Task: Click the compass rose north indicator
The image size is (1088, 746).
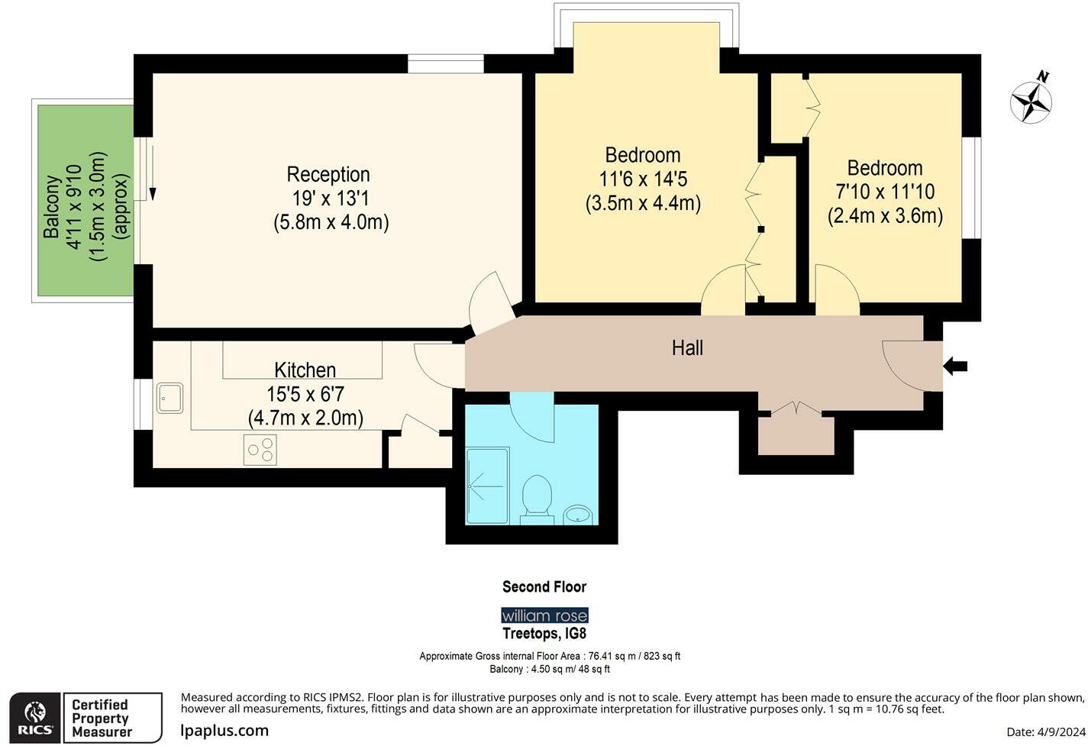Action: pos(1032,100)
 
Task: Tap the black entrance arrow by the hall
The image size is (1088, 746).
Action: pos(955,367)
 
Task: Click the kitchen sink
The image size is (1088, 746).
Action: pos(169,398)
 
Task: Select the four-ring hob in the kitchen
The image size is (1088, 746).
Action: pos(260,449)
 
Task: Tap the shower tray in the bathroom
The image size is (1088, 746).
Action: pos(487,486)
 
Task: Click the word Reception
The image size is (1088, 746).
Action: pos(328,174)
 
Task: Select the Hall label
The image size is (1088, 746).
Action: pos(687,348)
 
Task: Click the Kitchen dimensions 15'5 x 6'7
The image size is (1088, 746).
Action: pos(305,394)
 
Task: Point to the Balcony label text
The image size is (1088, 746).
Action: pos(52,207)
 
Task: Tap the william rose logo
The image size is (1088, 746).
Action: pos(544,615)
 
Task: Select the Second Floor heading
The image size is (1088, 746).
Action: pos(544,586)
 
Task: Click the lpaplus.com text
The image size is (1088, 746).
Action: pos(224,730)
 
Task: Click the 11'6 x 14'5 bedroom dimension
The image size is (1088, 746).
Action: pos(643,179)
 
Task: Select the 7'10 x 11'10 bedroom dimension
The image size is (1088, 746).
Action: pos(885,192)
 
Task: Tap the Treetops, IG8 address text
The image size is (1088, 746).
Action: pos(544,634)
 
